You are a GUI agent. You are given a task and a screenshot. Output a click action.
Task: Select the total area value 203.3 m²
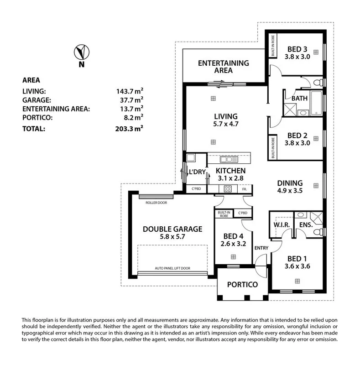pos(130,129)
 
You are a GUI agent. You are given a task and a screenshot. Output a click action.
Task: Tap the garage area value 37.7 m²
pos(130,99)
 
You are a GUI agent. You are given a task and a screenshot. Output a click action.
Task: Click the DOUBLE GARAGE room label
pos(172,229)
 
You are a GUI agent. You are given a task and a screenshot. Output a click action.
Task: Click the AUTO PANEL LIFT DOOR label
pos(172,268)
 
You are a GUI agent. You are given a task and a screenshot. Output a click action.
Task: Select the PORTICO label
pos(242,284)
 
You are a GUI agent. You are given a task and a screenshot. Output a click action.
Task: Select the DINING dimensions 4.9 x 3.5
pos(290,191)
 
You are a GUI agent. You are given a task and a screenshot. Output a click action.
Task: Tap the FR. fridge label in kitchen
pos(245,189)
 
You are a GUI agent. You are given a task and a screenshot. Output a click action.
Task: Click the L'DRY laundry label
pos(197,172)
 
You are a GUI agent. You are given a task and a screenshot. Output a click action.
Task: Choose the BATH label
pos(300,98)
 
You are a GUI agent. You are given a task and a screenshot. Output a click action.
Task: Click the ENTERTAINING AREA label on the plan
pos(223,67)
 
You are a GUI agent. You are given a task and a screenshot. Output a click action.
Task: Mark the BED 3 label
pos(297,49)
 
